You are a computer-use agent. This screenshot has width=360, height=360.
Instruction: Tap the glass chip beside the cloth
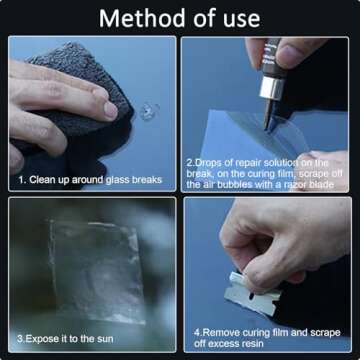[x=149, y=111]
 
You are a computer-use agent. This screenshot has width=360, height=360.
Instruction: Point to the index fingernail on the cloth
[x=110, y=110]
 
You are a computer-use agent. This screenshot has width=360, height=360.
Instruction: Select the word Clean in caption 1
[x=42, y=180]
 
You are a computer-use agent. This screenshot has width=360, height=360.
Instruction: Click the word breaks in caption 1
[x=147, y=180]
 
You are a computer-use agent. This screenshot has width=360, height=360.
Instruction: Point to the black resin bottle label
[x=272, y=58]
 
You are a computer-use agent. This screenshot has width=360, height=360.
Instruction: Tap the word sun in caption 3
[x=105, y=339]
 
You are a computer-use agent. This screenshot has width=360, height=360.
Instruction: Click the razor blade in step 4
[x=252, y=294]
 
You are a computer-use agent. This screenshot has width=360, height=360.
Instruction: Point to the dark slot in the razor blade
[x=252, y=296]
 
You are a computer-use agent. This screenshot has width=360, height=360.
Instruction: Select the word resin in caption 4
[x=252, y=343]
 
